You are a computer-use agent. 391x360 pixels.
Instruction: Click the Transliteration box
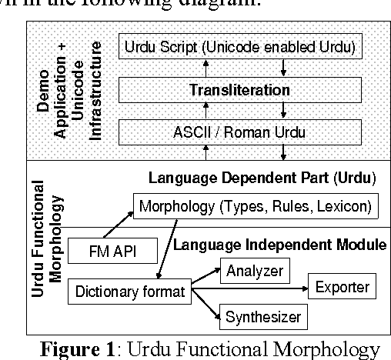pos(240,90)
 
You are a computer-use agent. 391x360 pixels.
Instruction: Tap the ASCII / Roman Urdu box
pos(240,132)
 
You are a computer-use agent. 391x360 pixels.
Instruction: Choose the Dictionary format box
pos(130,292)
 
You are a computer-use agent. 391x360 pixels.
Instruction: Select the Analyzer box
pos(253,271)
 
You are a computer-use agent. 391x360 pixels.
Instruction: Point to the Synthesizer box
pos(260,315)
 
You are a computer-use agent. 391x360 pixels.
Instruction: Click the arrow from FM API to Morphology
pos(115,224)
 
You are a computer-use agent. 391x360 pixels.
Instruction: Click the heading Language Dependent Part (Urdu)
pos(262,178)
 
